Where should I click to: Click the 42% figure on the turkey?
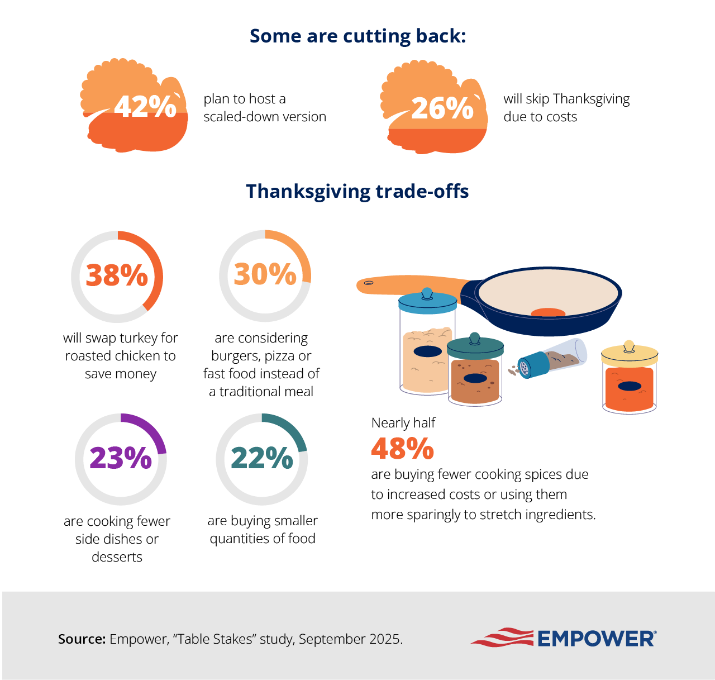[145, 106]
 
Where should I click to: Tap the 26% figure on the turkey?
[442, 108]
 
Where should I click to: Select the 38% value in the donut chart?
[117, 275]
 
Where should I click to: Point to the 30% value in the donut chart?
[265, 274]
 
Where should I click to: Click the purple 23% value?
[121, 458]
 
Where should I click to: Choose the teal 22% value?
[261, 458]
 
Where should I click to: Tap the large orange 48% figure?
[402, 448]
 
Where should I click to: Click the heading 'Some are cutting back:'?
[357, 36]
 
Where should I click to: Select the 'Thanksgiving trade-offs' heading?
[357, 191]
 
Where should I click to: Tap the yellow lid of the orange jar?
[630, 355]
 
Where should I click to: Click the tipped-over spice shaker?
[550, 359]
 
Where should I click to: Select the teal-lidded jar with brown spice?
[475, 372]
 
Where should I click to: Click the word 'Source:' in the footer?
[82, 639]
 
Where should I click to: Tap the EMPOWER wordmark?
[596, 639]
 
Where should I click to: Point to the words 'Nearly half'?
[403, 423]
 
